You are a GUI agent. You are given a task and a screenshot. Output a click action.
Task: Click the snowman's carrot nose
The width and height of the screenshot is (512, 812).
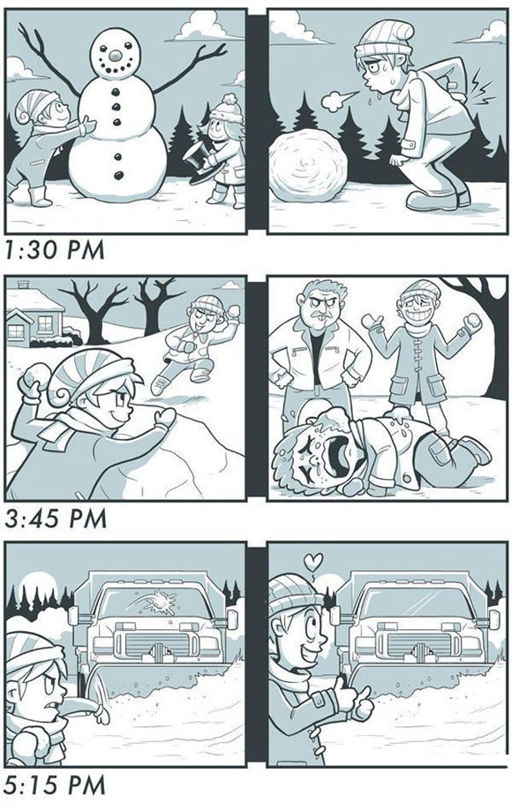(116, 54)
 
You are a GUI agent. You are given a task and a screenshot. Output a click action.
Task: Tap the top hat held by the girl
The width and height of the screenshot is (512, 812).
(203, 162)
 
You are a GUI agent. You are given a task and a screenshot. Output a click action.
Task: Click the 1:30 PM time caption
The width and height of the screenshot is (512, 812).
(55, 249)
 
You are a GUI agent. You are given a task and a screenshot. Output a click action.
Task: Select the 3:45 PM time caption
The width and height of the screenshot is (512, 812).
(56, 519)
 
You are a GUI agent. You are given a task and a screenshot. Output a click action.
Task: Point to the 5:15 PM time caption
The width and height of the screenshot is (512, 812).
(56, 785)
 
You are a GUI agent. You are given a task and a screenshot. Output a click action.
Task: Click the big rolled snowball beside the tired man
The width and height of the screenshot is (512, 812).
(308, 166)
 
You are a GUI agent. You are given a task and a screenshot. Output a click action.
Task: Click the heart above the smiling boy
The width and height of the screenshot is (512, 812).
(312, 561)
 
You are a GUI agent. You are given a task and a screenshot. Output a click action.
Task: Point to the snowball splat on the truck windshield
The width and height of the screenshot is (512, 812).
(158, 603)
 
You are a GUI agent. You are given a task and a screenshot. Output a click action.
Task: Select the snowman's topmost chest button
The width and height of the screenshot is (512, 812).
(117, 92)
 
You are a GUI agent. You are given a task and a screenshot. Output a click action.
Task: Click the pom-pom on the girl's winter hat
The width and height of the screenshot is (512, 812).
(230, 98)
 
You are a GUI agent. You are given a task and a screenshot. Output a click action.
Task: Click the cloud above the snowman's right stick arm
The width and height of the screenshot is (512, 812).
(209, 26)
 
